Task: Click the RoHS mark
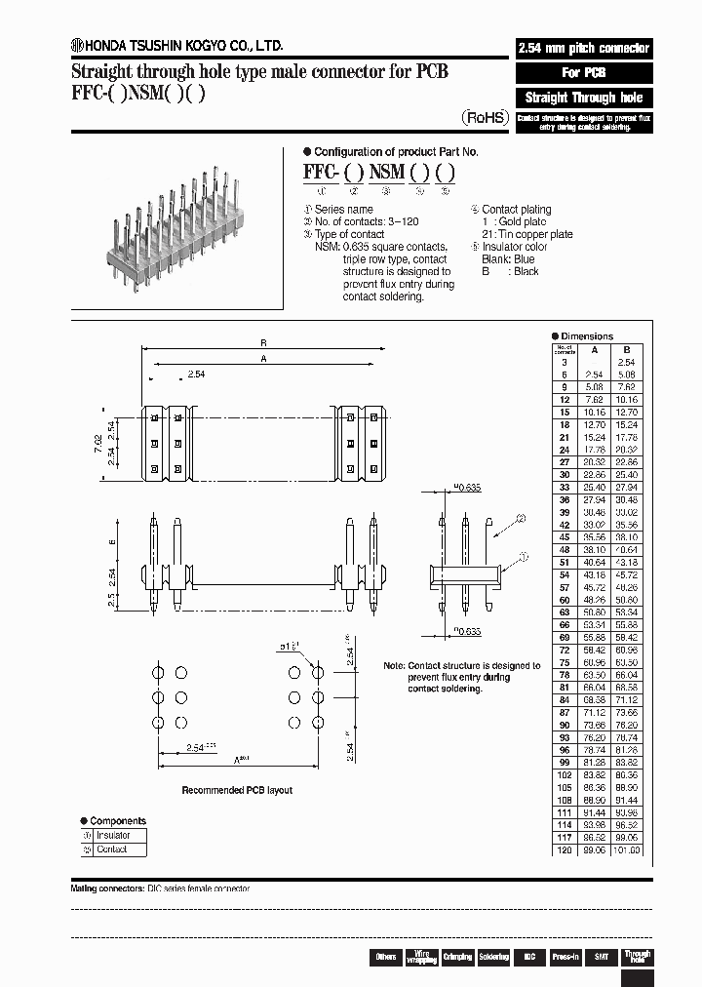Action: [x=484, y=117]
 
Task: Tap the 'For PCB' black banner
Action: [x=583, y=73]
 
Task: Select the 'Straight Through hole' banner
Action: [x=583, y=98]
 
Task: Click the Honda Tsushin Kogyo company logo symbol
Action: [x=77, y=45]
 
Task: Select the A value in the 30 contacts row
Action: [x=594, y=475]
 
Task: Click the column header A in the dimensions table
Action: [x=594, y=349]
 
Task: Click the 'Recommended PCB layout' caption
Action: [x=237, y=790]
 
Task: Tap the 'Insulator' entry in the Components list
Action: [x=113, y=836]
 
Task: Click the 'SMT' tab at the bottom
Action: [x=602, y=957]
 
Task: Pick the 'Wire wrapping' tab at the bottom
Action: [x=421, y=957]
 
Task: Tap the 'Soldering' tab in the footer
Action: [x=493, y=957]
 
